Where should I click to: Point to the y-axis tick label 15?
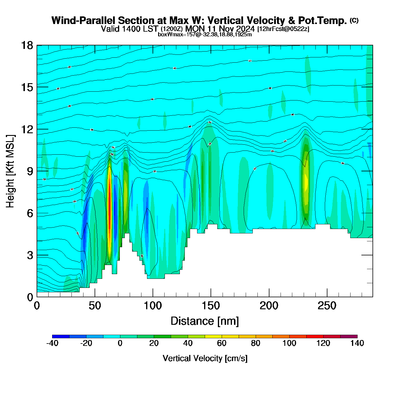pos(27,87)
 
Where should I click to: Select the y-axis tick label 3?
pos(30,255)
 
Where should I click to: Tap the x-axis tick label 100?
pos(153,306)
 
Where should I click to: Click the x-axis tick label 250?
pos(327,306)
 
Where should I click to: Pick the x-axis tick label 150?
pos(211,306)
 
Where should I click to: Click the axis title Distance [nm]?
pos(205,321)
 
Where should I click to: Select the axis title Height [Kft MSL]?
pos(10,171)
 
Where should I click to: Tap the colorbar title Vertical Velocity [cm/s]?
pos(205,358)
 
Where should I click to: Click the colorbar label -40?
pos(52,343)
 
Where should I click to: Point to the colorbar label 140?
pos(357,343)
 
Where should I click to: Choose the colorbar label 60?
pos(222,343)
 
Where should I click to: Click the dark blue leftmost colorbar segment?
pos(61,336)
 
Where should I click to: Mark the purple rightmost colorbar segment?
pos(349,336)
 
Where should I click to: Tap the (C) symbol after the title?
pos(354,20)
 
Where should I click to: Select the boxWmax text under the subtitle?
pos(205,35)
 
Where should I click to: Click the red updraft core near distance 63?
pos(110,205)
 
